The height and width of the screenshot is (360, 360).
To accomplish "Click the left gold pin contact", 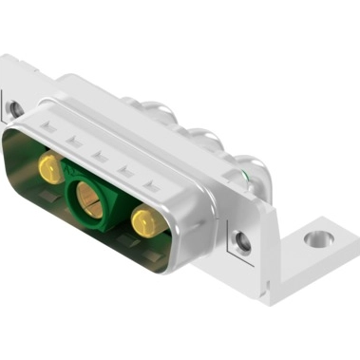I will click(x=47, y=170).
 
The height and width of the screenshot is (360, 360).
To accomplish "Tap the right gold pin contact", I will click(x=144, y=224).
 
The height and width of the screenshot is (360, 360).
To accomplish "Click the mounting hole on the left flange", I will click(x=16, y=108).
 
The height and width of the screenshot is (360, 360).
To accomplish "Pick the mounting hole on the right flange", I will click(x=244, y=242).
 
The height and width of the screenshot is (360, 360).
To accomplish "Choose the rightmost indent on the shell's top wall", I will click(x=150, y=181).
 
